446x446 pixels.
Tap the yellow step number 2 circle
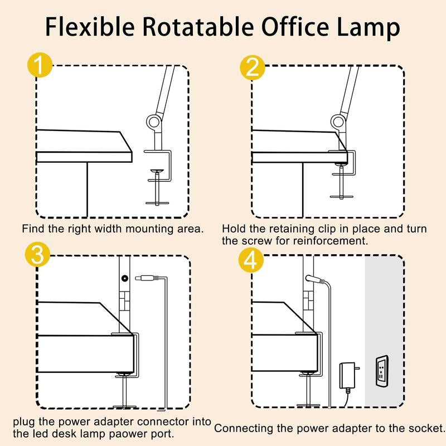(253, 67)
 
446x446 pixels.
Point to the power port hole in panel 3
(124, 277)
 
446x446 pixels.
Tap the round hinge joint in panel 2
(338, 122)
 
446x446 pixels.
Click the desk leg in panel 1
(88, 190)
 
